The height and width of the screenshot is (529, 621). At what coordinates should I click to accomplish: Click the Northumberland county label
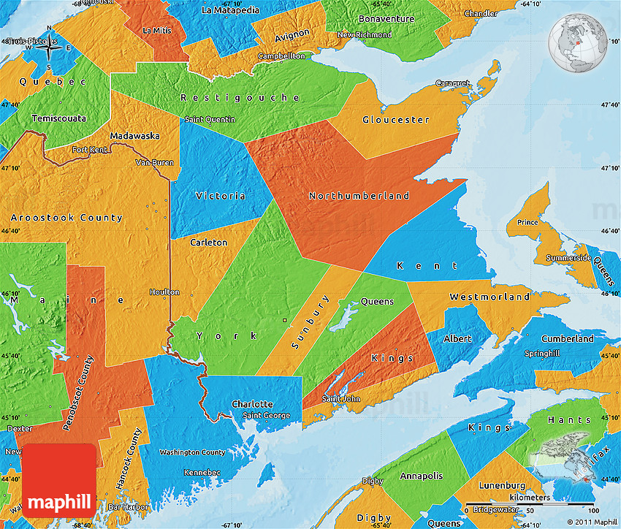pyautogui.click(x=359, y=196)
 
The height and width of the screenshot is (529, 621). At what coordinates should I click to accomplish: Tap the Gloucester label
pyautogui.click(x=395, y=120)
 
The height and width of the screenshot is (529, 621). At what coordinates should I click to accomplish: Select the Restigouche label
pyautogui.click(x=240, y=97)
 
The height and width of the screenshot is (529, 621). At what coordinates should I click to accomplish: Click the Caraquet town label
pyautogui.click(x=453, y=83)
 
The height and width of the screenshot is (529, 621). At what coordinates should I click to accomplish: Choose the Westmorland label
pyautogui.click(x=489, y=297)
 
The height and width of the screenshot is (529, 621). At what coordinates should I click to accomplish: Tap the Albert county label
pyautogui.click(x=458, y=339)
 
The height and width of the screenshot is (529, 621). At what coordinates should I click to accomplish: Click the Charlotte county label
pyautogui.click(x=252, y=404)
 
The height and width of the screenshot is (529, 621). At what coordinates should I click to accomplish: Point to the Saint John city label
pyautogui.click(x=341, y=399)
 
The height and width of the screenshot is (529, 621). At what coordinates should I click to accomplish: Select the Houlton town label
pyautogui.click(x=164, y=292)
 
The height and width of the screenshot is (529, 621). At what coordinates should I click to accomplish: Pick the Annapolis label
pyautogui.click(x=421, y=476)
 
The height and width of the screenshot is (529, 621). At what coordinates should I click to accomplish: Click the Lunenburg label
pyautogui.click(x=503, y=485)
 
